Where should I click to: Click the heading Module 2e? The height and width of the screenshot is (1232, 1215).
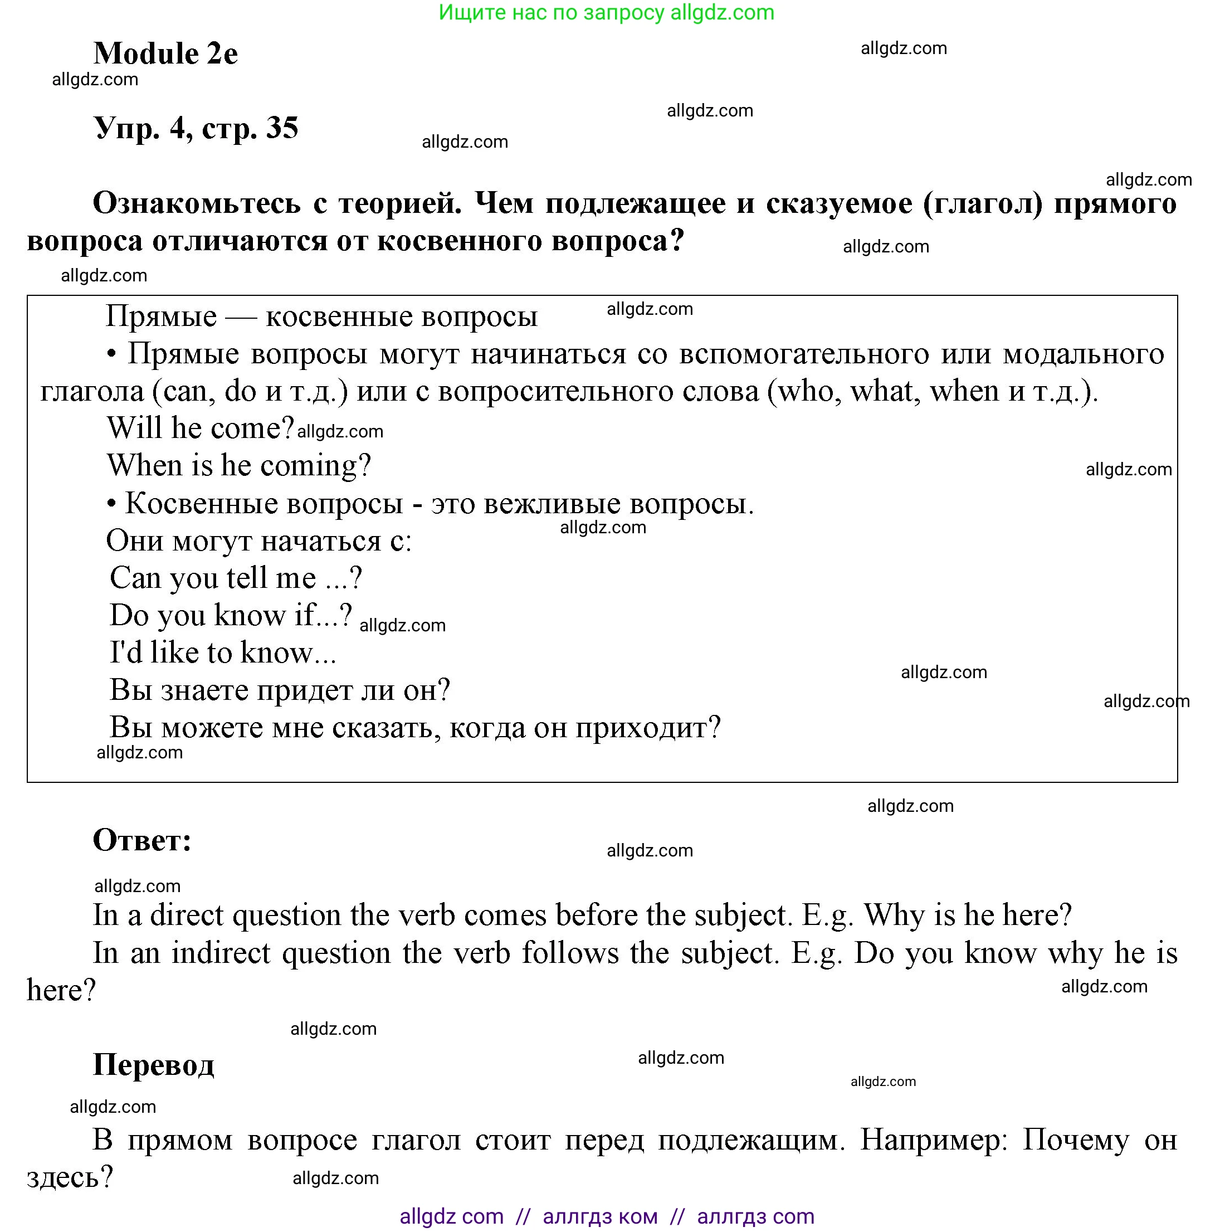coord(165,53)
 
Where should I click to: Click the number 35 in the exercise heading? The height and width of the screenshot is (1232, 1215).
coord(282,128)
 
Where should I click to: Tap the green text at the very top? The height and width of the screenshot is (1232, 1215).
coord(606,12)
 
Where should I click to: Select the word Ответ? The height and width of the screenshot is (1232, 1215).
coord(142,840)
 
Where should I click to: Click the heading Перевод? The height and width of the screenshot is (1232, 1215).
coord(154,1064)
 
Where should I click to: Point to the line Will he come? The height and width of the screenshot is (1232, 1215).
coord(200,428)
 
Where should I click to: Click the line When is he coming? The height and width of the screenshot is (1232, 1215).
coord(238,465)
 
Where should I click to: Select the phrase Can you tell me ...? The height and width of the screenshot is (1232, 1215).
coord(236,578)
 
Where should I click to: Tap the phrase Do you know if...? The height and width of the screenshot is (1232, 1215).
coord(231,615)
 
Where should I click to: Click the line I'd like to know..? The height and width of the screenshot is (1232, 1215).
coord(222,652)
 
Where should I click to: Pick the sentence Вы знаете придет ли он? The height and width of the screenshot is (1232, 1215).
coord(279,690)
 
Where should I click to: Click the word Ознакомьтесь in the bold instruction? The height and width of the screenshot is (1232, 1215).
coord(196,203)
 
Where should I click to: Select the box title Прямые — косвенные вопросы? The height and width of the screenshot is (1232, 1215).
coord(321,316)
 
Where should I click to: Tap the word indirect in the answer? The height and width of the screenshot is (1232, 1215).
coord(221,953)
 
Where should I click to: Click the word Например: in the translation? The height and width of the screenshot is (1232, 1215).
coord(933,1140)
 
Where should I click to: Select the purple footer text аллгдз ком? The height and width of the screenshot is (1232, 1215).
coord(599,1216)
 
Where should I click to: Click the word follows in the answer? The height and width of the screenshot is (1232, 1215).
coord(570,953)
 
